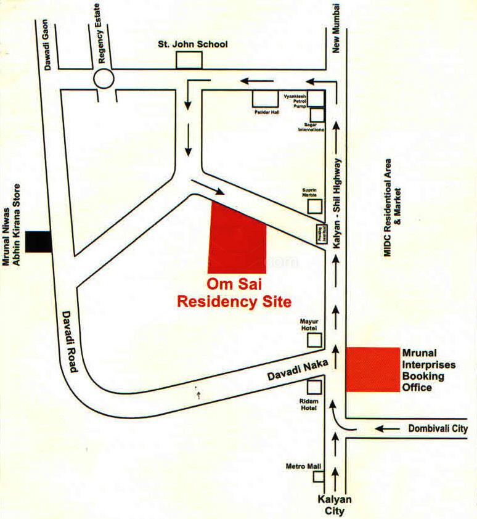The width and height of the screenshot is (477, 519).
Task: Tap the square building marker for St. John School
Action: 189,60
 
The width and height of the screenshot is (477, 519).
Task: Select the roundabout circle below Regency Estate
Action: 104,79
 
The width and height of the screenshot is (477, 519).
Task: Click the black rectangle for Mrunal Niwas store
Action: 39,241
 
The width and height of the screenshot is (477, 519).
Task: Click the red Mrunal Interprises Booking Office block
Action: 372,369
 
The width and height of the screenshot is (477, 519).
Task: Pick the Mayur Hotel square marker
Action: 315,340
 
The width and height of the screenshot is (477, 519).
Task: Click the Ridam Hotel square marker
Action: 314,388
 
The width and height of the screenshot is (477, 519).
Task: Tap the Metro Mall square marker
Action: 319,476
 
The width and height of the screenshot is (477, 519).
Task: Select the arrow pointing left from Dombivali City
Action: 388,428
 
